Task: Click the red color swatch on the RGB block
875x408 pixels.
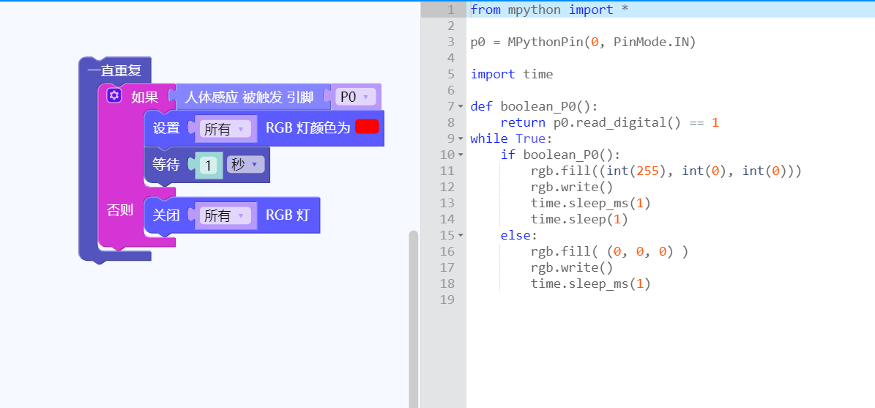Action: pos(367,126)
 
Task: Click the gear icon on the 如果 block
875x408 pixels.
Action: pos(113,95)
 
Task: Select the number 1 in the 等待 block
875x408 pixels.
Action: pos(208,165)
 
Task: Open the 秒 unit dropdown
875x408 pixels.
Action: pos(245,165)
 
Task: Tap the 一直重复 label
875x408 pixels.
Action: pos(114,71)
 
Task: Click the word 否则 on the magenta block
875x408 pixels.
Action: pos(120,210)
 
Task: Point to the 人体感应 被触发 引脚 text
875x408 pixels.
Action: pos(249,97)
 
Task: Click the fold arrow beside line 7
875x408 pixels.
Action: pos(461,106)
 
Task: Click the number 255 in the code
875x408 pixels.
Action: pos(647,171)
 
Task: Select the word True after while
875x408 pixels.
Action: pos(531,138)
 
